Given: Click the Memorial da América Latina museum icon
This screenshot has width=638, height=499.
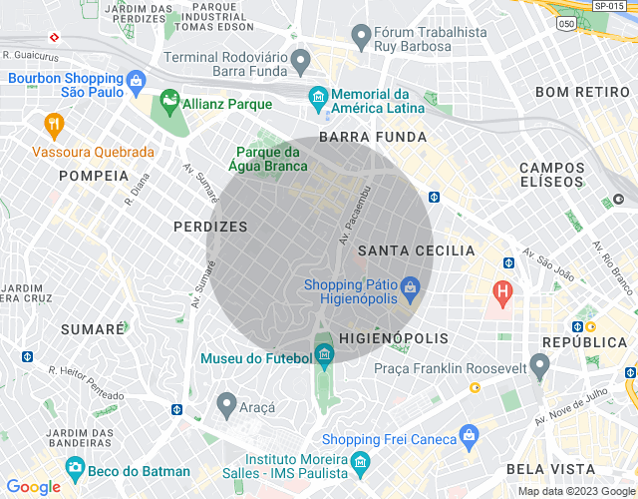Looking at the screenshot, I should coord(317,97).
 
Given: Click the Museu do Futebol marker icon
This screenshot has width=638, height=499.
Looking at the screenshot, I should coord(324,354).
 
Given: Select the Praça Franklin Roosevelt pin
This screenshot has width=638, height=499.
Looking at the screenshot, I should coord(539,365).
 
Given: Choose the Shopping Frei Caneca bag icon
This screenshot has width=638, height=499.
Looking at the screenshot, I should coord(470,436).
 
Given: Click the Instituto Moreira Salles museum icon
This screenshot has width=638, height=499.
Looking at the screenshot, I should coord(360,465).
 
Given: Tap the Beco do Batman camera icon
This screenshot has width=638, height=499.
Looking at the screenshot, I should coord(75,467).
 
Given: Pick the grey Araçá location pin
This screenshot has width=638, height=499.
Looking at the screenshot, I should coord(226,404).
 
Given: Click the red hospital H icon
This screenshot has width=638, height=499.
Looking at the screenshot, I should coord(503,293).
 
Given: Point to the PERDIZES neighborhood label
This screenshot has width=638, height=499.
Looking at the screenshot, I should coord(209,227).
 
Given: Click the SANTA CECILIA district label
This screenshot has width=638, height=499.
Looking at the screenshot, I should coord(417,250).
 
